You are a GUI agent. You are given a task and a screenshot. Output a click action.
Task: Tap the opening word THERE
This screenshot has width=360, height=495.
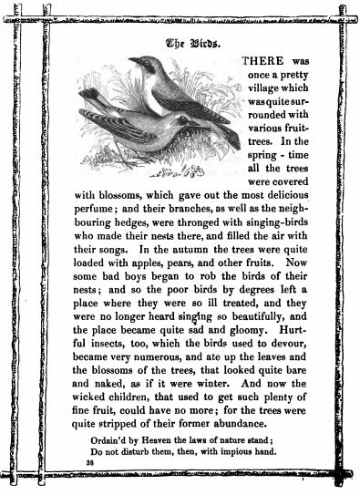pyautogui.click(x=262, y=60)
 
